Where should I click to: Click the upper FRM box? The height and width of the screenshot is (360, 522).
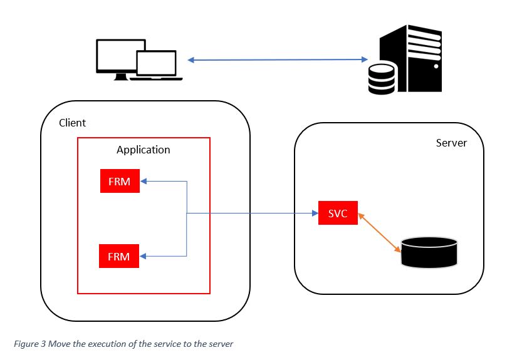pos(120,182)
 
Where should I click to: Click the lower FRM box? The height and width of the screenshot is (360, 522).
pos(120,256)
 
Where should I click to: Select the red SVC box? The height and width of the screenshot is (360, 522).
pos(337,213)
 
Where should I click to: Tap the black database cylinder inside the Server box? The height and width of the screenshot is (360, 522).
pos(429,251)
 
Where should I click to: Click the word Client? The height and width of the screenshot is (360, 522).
pos(72,123)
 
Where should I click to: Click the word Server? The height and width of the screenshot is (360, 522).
pos(451,143)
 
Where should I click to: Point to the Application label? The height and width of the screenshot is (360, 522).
pos(143,150)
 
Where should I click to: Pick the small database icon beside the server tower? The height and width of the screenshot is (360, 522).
pos(382,79)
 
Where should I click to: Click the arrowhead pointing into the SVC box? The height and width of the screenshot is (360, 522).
pos(315,213)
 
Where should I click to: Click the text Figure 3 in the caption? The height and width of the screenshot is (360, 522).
pos(29,344)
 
